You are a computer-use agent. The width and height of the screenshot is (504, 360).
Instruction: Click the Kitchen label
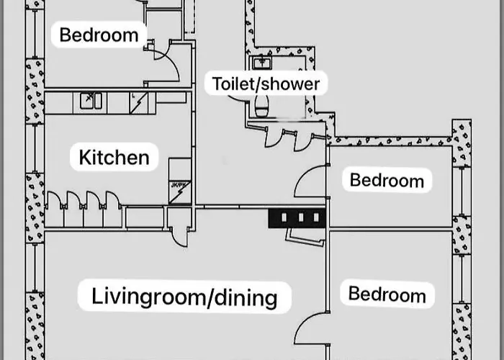pyautogui.click(x=114, y=157)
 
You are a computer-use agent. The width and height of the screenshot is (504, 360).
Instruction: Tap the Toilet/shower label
pyautogui.click(x=265, y=83)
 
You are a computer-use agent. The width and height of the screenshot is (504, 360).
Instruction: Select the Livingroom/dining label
pyautogui.click(x=184, y=296)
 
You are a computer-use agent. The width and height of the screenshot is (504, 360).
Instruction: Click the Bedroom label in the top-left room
pyautogui.click(x=99, y=34)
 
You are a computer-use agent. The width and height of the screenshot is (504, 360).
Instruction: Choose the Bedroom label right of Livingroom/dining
pyautogui.click(x=387, y=293)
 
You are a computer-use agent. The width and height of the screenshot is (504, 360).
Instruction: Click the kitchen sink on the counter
pyautogui.click(x=89, y=102)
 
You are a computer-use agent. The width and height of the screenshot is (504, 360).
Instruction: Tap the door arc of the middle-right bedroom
pyautogui.click(x=310, y=183)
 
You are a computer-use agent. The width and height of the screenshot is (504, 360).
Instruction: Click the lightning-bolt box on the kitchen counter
pyautogui.click(x=139, y=102)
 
